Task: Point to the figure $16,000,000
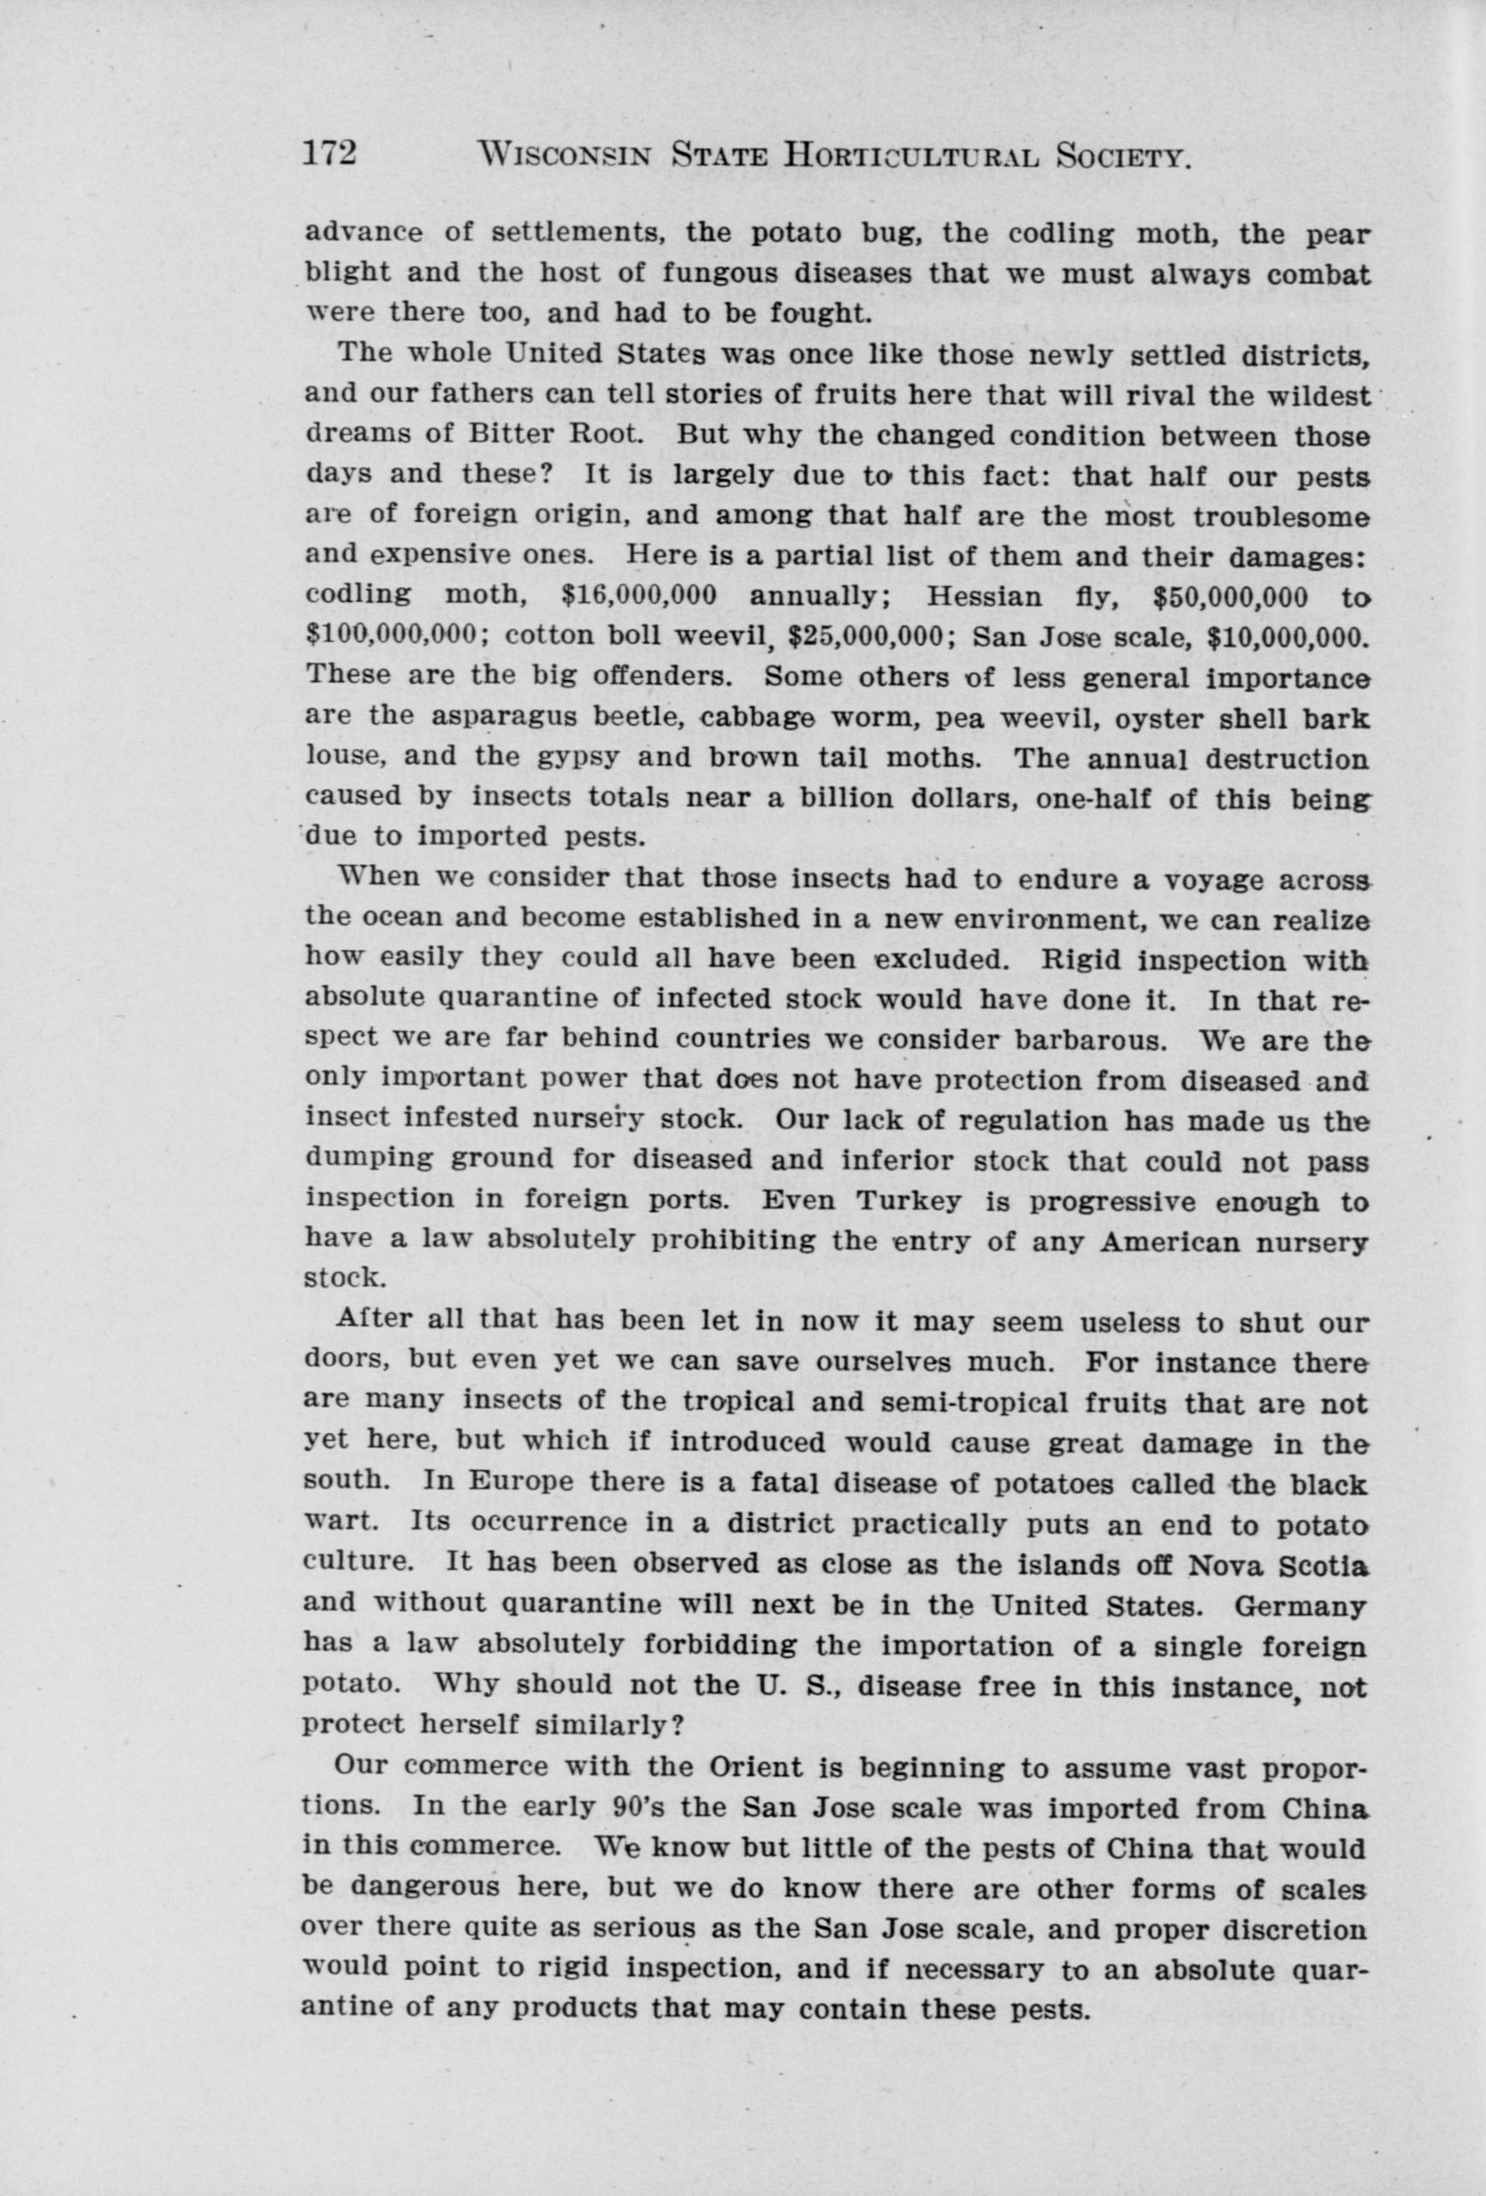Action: click(x=638, y=597)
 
